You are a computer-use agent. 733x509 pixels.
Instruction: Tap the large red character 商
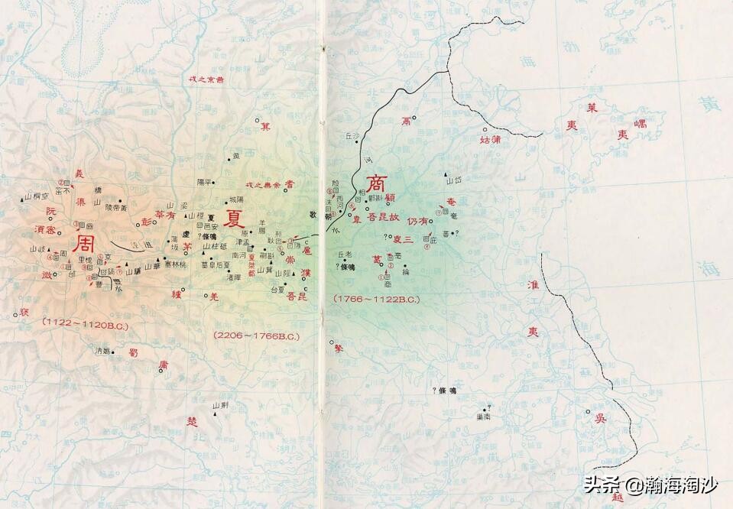tap(377, 184)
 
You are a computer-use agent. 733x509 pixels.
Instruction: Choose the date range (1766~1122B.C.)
tap(376, 299)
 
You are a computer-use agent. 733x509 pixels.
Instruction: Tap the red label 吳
tap(601, 419)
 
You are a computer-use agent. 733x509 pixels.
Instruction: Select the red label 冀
tap(265, 125)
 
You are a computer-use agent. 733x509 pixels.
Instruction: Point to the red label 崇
tap(291, 260)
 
